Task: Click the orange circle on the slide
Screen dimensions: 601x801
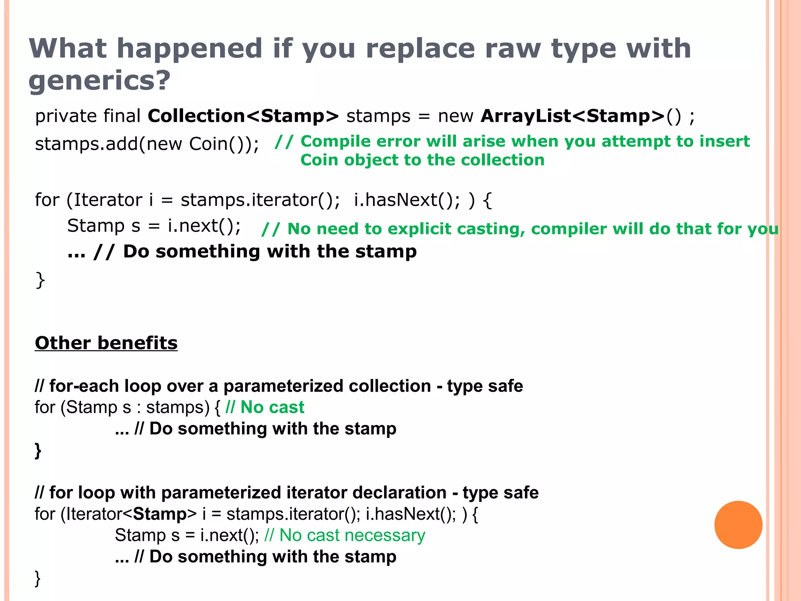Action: [x=738, y=525]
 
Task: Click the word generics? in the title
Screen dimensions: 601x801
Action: [x=100, y=80]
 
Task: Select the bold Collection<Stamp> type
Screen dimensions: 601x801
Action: [x=243, y=116]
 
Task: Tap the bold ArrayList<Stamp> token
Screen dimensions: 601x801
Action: [x=573, y=116]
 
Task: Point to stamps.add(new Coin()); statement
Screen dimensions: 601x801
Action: [x=147, y=144]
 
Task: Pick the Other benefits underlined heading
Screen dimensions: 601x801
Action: [x=106, y=343]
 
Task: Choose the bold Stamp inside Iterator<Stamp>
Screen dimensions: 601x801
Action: [x=160, y=514]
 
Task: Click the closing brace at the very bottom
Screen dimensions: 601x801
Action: [x=38, y=578]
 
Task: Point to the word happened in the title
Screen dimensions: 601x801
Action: [x=189, y=49]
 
